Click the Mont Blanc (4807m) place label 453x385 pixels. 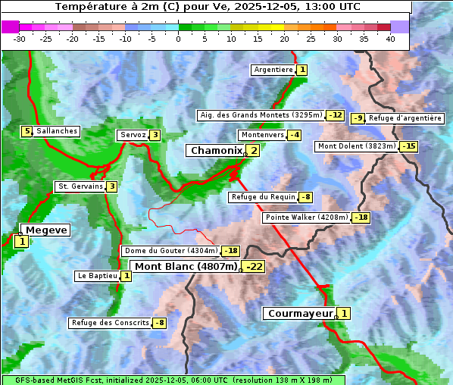tap(186, 267)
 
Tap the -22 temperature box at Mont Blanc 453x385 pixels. tap(254, 267)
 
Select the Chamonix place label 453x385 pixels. tap(216, 151)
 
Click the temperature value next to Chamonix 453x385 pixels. tap(254, 151)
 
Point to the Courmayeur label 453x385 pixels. tap(301, 313)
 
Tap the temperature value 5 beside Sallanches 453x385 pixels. tap(27, 131)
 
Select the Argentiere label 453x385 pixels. tap(273, 70)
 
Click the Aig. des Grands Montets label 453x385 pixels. tap(260, 115)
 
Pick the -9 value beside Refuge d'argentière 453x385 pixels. tap(358, 118)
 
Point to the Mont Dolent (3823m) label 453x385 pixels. tap(356, 146)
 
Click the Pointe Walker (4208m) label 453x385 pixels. tap(306, 218)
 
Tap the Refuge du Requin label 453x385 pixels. tap(262, 197)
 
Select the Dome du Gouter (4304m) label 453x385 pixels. tap(170, 251)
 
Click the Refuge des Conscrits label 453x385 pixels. tap(109, 323)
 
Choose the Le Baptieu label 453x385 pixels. tap(97, 276)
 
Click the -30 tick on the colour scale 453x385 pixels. tap(19, 38)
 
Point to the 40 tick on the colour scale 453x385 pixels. tap(390, 38)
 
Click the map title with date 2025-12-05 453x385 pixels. tap(208, 7)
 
